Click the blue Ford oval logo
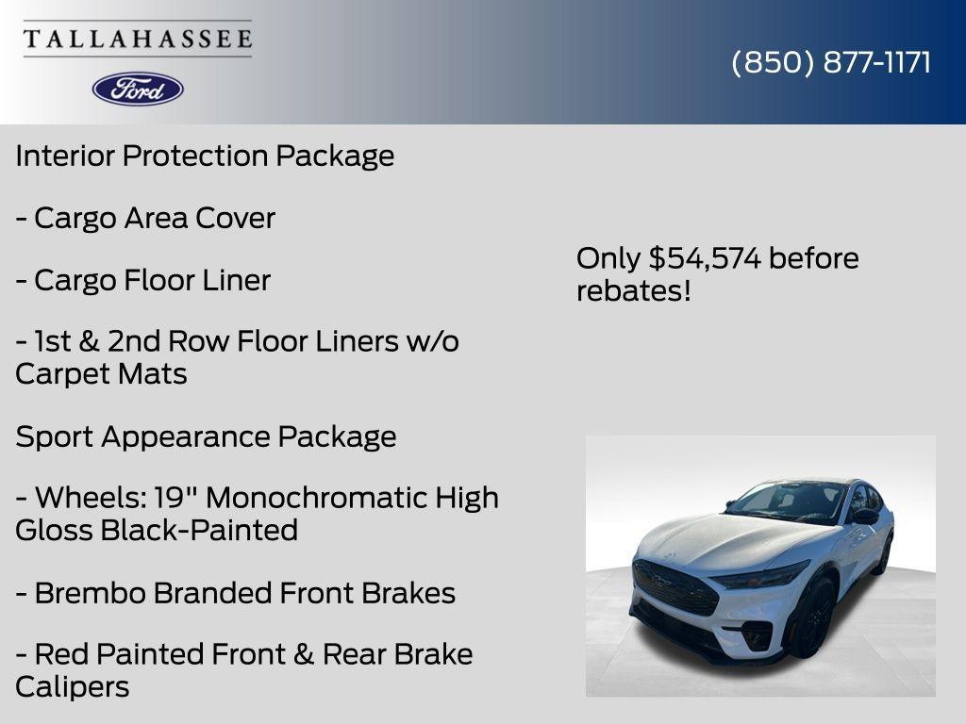(x=138, y=89)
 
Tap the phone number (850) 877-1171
(x=831, y=62)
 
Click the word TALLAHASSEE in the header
(x=138, y=40)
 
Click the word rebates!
(x=633, y=291)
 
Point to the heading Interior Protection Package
(x=205, y=156)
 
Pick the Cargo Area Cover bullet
(x=145, y=218)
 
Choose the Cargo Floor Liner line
(x=142, y=280)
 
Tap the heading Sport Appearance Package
(x=206, y=436)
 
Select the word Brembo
(x=89, y=593)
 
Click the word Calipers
(x=72, y=686)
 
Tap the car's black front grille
(x=675, y=587)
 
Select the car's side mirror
(x=865, y=517)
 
